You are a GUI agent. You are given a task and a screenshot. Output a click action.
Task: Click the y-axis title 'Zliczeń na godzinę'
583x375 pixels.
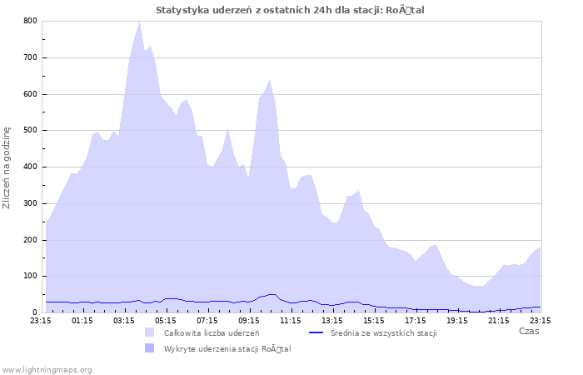point(7,167)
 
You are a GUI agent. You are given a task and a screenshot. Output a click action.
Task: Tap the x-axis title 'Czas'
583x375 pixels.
point(528,331)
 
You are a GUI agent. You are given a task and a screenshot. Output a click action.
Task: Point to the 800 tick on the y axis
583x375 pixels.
point(31,21)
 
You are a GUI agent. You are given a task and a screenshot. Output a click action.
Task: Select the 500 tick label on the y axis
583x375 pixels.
point(31,130)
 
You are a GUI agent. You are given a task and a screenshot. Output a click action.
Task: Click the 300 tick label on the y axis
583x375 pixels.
point(31,203)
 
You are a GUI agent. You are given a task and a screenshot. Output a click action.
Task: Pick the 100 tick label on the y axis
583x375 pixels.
point(31,276)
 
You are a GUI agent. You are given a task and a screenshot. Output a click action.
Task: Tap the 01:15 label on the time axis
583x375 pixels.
point(82,319)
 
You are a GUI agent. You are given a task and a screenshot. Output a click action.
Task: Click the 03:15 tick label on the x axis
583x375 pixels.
point(124,319)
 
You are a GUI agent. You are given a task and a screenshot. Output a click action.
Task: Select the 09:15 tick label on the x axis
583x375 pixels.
point(249,319)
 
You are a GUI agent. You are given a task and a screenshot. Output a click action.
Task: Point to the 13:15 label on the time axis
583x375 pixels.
point(332,319)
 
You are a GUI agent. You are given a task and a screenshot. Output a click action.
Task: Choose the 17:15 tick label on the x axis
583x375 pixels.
point(416,319)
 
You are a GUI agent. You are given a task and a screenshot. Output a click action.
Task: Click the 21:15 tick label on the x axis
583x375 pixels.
point(499,319)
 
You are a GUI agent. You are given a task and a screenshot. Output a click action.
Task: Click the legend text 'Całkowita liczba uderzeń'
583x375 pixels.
point(211,332)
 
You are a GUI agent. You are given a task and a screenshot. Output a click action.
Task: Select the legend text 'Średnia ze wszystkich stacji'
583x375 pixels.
point(383,332)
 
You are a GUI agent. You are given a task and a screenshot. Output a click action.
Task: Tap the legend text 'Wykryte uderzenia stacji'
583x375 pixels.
point(227,348)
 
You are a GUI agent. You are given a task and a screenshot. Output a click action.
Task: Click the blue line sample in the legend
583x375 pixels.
point(316,332)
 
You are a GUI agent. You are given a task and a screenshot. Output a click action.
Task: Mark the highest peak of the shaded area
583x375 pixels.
point(139,22)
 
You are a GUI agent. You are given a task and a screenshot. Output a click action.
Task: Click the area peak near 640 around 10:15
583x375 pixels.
point(270,80)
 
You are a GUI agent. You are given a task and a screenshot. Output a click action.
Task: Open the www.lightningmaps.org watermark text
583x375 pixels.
point(47,369)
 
